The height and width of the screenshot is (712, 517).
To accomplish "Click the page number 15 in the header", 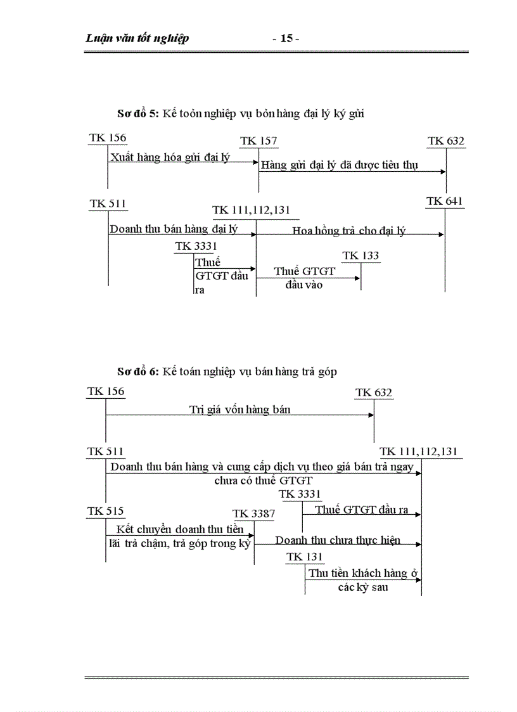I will pos(286,39).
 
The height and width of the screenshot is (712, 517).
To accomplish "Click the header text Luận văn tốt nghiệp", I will pos(137,39).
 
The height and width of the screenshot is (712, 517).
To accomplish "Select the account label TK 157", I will pos(258,141).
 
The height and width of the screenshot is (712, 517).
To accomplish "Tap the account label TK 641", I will pos(445,202).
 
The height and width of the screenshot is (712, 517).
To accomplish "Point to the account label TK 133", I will pos(361,256).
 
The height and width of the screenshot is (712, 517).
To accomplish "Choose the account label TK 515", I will pos(105,511).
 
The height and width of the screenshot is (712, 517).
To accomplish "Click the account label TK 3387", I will pos(253,514).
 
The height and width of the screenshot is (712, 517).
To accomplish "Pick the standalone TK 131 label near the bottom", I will pos(305,557).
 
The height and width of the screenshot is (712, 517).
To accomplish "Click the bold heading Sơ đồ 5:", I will pos(138,114).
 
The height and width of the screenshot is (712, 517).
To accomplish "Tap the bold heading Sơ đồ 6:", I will pos(138,372).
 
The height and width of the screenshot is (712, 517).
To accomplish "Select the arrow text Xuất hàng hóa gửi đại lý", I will pos(170,157).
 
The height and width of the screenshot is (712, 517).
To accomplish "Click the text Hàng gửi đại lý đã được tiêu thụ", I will pos(344,165).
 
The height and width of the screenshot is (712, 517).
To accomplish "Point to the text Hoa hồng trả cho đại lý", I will pos(348,231).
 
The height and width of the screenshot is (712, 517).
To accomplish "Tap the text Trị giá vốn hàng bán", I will pos(240,410).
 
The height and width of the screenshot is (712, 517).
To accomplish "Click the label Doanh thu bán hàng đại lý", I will pos(174,229).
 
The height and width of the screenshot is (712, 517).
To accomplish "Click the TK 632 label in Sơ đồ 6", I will pos(374,392).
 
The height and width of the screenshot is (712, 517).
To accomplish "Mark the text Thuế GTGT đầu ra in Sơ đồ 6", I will pos(361,509).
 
